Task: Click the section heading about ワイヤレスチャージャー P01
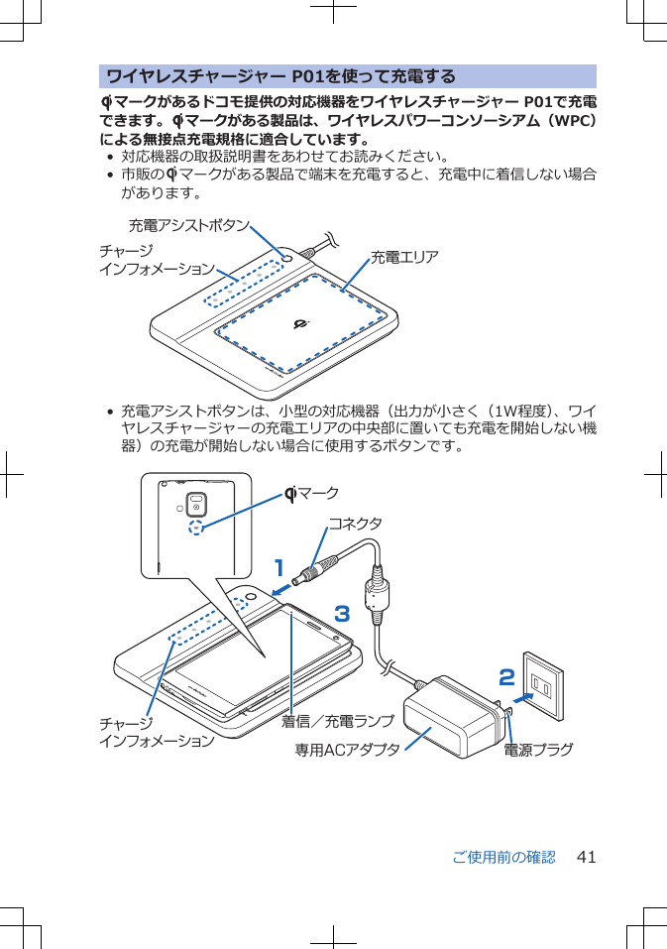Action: (x=280, y=76)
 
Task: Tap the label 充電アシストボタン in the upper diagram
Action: (x=188, y=226)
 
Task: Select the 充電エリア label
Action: (x=404, y=258)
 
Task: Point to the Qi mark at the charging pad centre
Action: (x=303, y=325)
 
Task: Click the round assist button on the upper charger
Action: (x=287, y=257)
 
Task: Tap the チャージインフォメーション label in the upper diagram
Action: (x=156, y=260)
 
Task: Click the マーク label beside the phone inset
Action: (x=312, y=493)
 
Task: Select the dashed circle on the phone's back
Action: (x=198, y=527)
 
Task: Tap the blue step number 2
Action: (x=506, y=678)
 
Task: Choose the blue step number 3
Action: (x=342, y=614)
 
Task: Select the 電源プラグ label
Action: (x=538, y=750)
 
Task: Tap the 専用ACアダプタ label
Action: (x=348, y=750)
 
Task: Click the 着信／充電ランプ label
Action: (x=337, y=721)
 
